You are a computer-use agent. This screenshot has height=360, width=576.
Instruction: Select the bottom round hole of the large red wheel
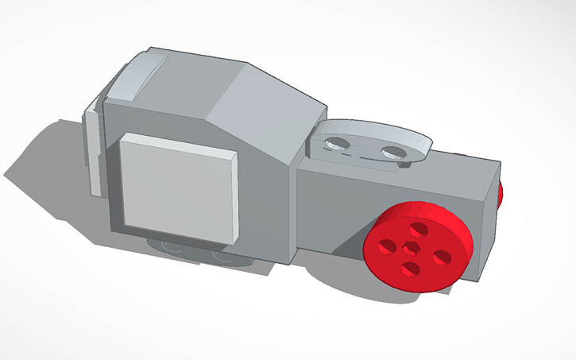tap(410, 269)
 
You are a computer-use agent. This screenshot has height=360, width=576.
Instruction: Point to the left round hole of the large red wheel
tap(388, 246)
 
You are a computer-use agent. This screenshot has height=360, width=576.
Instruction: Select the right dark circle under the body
tap(227, 257)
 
